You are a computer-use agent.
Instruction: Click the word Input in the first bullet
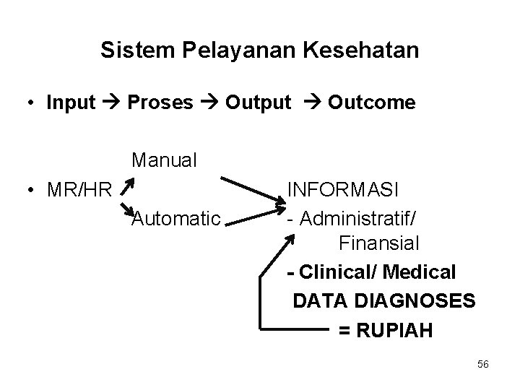tap(71, 103)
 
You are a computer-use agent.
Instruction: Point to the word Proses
tap(160, 103)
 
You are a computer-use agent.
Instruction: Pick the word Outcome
tap(372, 103)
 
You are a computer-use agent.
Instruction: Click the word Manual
tap(164, 160)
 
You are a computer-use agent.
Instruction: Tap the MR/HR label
tap(79, 191)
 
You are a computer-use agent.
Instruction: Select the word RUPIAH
tap(395, 330)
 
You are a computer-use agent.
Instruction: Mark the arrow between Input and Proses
tap(111, 103)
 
